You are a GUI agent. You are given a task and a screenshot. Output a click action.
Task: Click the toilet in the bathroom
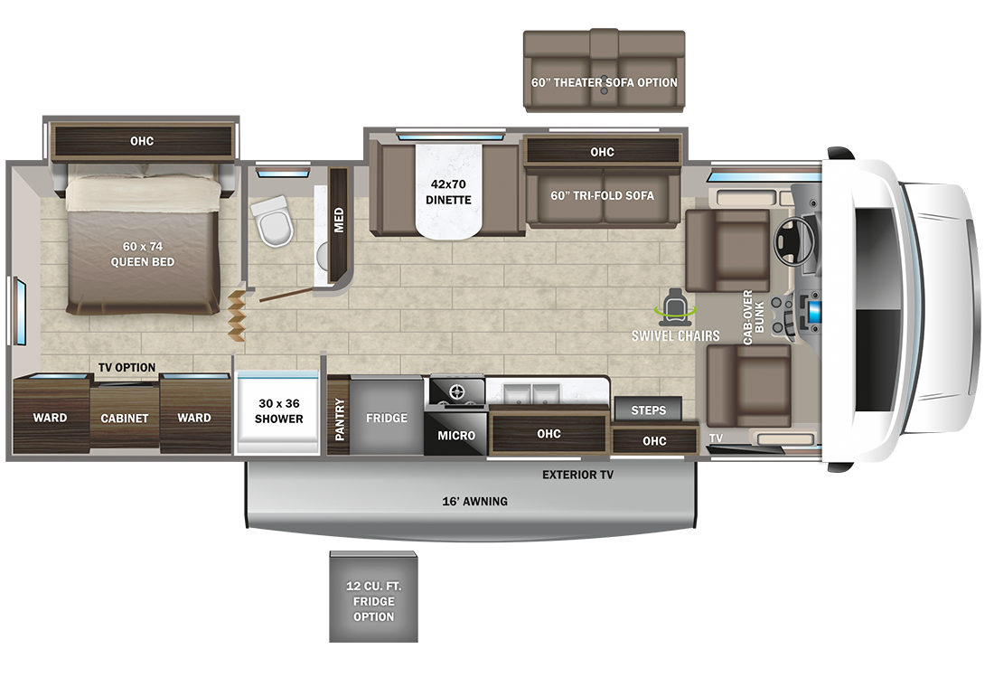pyautogui.click(x=273, y=220)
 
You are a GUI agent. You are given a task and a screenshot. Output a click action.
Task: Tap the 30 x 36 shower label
pyautogui.click(x=279, y=411)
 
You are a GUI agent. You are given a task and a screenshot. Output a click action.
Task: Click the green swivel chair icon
pyautogui.click(x=675, y=305)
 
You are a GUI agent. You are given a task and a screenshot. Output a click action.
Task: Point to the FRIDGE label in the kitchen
pyautogui.click(x=387, y=418)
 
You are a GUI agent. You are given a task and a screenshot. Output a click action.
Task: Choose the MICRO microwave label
pyautogui.click(x=456, y=436)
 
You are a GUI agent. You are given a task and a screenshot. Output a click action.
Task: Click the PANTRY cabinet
pyautogui.click(x=339, y=416)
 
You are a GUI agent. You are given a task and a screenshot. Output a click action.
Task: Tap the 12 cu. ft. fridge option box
pyautogui.click(x=373, y=597)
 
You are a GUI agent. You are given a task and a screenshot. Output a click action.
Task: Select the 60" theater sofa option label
pyautogui.click(x=605, y=82)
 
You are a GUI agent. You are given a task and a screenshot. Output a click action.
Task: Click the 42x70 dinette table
pyautogui.click(x=449, y=192)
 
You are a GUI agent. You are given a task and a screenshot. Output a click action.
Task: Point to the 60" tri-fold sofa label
pyautogui.click(x=602, y=195)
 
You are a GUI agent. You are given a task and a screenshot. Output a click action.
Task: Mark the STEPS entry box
pyautogui.click(x=648, y=410)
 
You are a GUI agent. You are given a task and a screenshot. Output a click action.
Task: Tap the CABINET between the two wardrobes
pyautogui.click(x=125, y=417)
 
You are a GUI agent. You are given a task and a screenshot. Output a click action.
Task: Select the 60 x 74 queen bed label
pyautogui.click(x=143, y=254)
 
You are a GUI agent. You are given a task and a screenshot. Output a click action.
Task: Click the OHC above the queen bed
pyautogui.click(x=142, y=141)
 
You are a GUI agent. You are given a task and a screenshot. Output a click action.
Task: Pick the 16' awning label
pyautogui.click(x=474, y=501)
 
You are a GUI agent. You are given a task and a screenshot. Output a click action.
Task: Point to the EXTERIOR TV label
pyautogui.click(x=577, y=475)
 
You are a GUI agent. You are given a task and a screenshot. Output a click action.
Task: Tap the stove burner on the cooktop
pyautogui.click(x=457, y=392)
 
